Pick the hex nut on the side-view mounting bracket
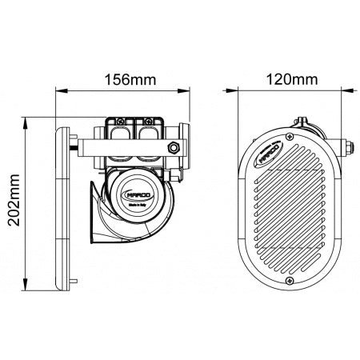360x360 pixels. pyautogui.click(x=174, y=147)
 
